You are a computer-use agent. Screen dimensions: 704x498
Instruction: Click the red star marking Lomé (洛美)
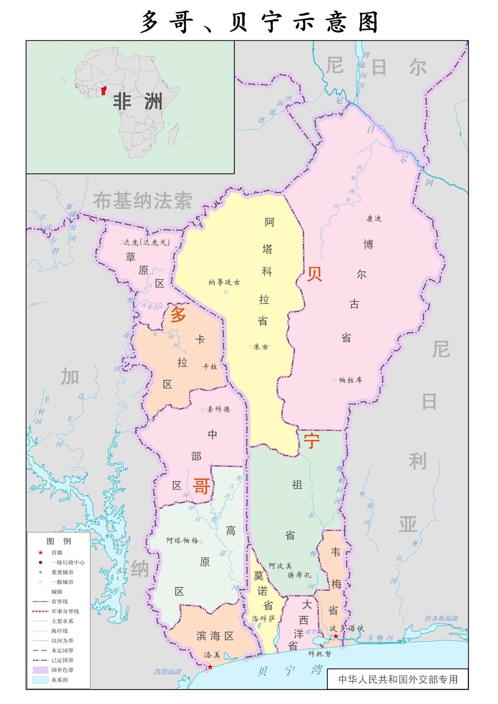point(210,667)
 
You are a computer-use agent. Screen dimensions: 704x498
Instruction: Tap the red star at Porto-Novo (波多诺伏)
point(336,636)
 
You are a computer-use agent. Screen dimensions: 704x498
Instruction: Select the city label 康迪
point(374,219)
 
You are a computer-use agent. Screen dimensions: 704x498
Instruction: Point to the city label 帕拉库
point(350,380)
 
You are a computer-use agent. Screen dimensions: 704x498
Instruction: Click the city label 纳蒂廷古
point(224,282)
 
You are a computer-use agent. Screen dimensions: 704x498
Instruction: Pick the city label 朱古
point(261,347)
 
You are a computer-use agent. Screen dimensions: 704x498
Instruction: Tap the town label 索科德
point(218,409)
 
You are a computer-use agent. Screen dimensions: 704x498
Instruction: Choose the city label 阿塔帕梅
point(182,541)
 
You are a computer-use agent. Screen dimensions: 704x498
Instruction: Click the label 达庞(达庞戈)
point(146,242)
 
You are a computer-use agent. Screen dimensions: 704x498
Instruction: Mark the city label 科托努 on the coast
point(319,654)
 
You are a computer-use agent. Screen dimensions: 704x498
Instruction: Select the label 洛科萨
point(263,619)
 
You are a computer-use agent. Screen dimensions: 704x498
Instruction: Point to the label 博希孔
point(299,575)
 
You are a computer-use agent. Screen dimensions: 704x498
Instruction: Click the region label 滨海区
point(215,636)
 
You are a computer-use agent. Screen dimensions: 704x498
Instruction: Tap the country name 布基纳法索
point(143,201)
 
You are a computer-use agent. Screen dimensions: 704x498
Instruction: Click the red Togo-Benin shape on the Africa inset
point(103,90)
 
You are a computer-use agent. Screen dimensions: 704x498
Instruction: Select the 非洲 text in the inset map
point(138,102)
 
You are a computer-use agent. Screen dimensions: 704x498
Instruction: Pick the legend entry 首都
point(56,553)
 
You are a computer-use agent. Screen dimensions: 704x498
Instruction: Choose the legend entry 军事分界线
point(65,611)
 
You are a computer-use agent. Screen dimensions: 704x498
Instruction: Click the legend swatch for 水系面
point(40,680)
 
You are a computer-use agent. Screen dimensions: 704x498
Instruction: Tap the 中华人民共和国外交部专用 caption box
point(397,679)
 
